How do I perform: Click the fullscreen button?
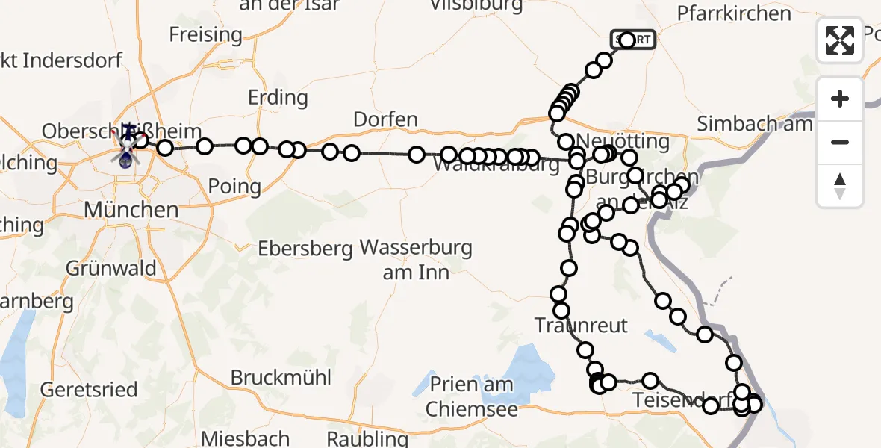click(840, 40)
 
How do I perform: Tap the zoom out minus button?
click(840, 142)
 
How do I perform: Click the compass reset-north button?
click(840, 185)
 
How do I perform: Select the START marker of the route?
click(633, 40)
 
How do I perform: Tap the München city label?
click(131, 210)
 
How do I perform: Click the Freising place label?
click(205, 34)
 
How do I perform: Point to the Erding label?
click(277, 98)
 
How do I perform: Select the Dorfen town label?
click(385, 120)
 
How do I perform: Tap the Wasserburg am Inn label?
click(416, 259)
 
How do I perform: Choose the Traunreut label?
click(582, 325)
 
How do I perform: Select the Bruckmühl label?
click(281, 377)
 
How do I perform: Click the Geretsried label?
click(89, 389)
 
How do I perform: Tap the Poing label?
click(235, 186)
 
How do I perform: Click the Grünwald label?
click(110, 268)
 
